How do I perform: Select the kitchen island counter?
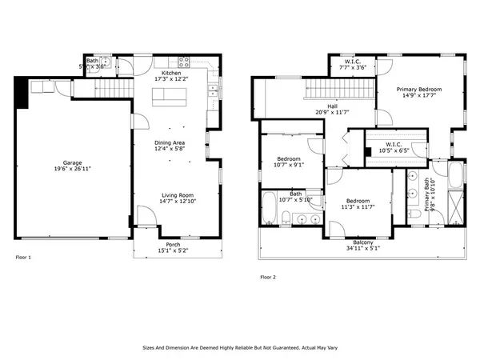pyautogui.click(x=170, y=96)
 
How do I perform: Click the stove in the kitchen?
pyautogui.click(x=183, y=62)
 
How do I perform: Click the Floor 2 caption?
pyautogui.click(x=268, y=277)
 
